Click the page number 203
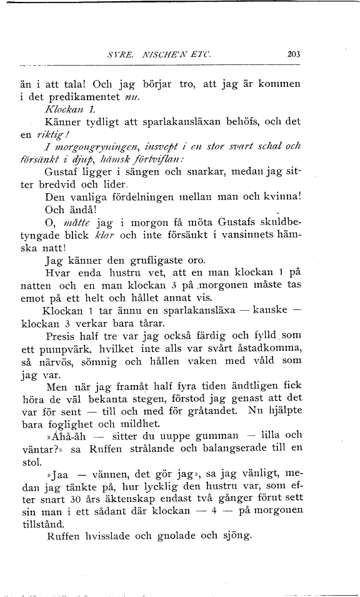[x=294, y=54]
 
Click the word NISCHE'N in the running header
[x=167, y=54]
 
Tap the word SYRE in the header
[x=120, y=54]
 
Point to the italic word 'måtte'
[x=70, y=224]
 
